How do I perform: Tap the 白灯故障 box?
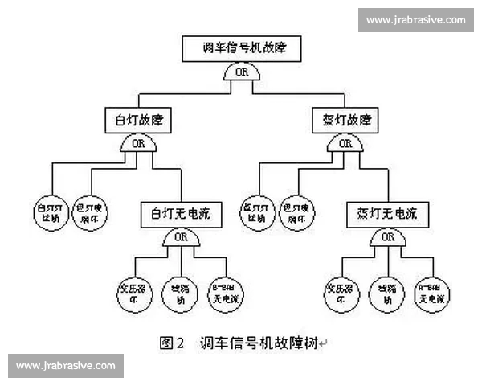pos(138,121)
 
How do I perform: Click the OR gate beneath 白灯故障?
pos(137,145)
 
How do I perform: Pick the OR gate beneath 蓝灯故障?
pos(345,145)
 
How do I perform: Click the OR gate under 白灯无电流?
pos(181,238)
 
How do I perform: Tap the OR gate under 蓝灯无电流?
pos(388,238)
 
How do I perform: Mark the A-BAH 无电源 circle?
pos(431,292)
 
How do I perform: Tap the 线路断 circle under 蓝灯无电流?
pos(386,292)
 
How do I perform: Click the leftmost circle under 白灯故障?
pos(51,211)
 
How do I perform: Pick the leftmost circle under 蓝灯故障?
pos(258,211)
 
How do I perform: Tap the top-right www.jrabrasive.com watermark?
pos(415,20)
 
